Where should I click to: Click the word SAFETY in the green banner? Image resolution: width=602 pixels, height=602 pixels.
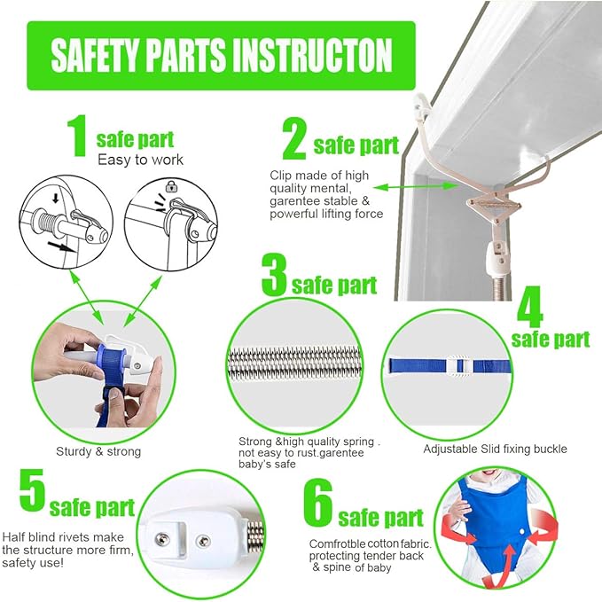pos(95,55)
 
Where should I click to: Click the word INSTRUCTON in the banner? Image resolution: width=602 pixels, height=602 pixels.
pos(312,55)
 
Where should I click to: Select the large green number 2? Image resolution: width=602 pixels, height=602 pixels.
pos(294,138)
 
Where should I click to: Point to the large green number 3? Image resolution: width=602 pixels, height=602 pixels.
pos(274,274)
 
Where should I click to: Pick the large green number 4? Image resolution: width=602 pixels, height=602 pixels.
pos(530,306)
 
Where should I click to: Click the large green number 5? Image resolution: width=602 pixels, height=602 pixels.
pos(32,490)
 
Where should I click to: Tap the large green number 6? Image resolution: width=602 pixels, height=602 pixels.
pos(318,502)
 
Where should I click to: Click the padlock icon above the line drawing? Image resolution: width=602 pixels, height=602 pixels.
pos(171,186)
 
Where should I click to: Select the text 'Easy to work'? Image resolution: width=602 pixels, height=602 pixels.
pos(140,160)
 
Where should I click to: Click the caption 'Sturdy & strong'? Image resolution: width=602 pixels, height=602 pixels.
pos(98,451)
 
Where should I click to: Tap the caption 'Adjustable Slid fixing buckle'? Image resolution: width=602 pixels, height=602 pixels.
pos(495,449)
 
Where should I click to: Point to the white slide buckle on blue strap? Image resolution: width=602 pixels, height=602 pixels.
pos(459,366)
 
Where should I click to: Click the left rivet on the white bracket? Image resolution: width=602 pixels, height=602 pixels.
pos(163,539)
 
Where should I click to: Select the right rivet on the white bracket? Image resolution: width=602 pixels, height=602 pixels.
pos(203,542)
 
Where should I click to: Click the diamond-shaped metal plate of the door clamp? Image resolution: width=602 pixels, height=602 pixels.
pos(493,206)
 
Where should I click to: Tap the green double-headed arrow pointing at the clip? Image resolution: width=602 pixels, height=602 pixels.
pos(416,186)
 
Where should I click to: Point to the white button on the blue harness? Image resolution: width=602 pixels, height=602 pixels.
pos(521,531)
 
